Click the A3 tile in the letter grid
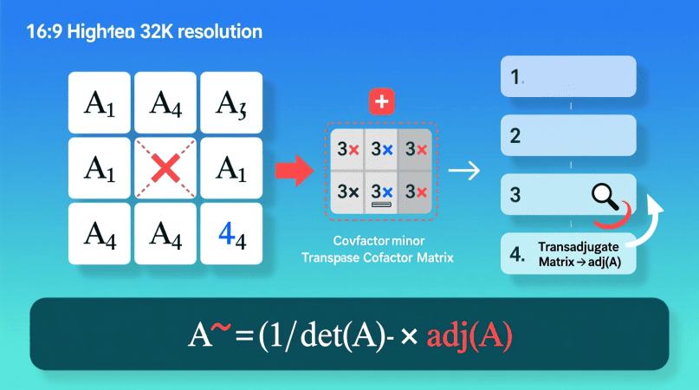click(x=232, y=102)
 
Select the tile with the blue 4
click(x=232, y=234)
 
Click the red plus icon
click(x=381, y=102)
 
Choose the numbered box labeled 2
click(x=568, y=135)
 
